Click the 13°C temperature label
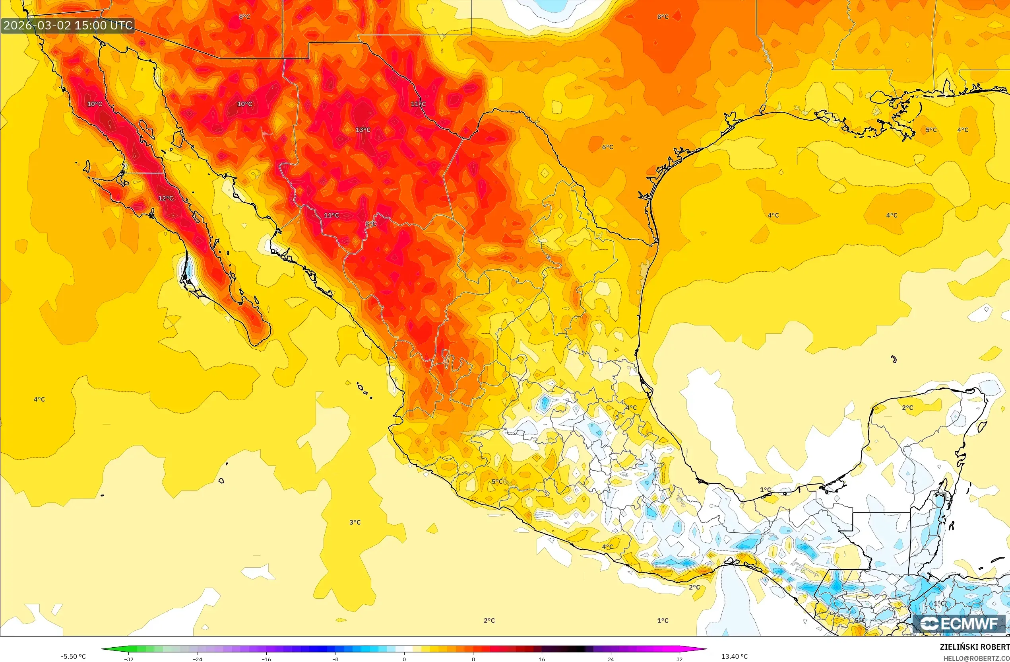pyautogui.click(x=363, y=130)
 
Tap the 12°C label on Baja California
pyautogui.click(x=165, y=198)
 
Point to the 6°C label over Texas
pyautogui.click(x=607, y=147)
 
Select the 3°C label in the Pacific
pyautogui.click(x=355, y=522)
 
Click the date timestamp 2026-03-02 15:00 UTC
pyautogui.click(x=68, y=25)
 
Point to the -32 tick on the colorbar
pyautogui.click(x=129, y=659)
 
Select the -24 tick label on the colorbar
pyautogui.click(x=198, y=659)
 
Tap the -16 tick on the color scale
pyautogui.click(x=266, y=659)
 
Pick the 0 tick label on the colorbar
pyautogui.click(x=404, y=659)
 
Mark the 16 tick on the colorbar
pyautogui.click(x=542, y=659)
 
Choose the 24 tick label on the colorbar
pyautogui.click(x=611, y=659)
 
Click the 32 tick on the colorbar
pyautogui.click(x=679, y=659)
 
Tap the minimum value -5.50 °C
pyautogui.click(x=73, y=656)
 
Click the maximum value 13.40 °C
pyautogui.click(x=735, y=656)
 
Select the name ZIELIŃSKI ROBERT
pyautogui.click(x=974, y=647)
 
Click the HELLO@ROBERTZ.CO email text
pyautogui.click(x=976, y=658)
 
